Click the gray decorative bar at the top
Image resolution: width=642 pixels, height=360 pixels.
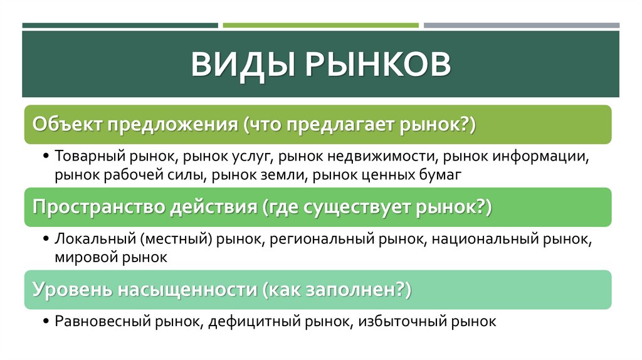click(521, 25)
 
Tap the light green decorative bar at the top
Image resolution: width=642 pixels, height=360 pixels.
click(320, 25)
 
